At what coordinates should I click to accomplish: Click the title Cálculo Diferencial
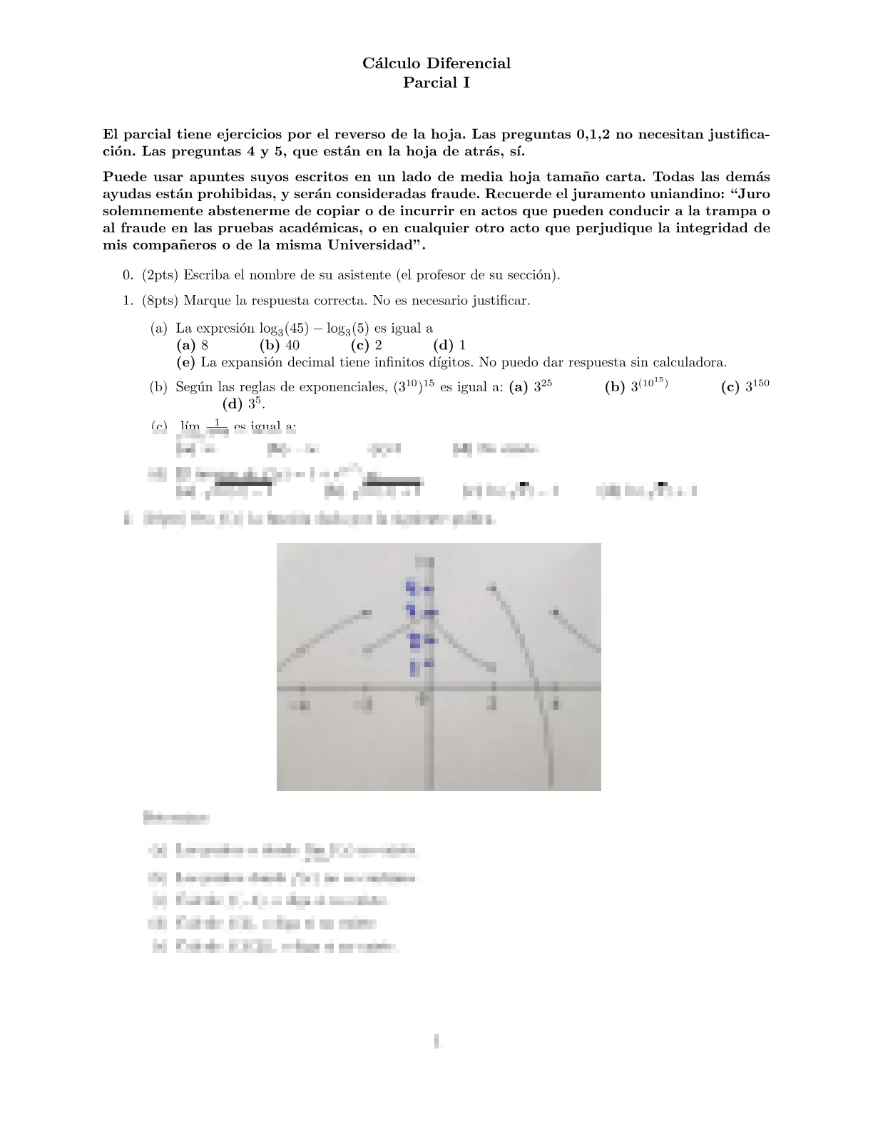[436, 63]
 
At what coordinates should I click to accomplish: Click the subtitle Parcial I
[436, 83]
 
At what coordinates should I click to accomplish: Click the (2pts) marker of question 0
[160, 275]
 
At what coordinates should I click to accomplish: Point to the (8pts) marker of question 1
[160, 301]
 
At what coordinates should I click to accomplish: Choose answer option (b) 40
[280, 346]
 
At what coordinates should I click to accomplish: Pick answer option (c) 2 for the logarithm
[367, 346]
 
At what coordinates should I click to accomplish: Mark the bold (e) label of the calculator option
[186, 363]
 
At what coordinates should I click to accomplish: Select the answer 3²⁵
[531, 387]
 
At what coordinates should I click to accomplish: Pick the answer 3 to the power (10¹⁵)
[636, 386]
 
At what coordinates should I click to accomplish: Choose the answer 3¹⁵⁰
[746, 387]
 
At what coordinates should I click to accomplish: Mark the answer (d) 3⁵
[243, 404]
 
